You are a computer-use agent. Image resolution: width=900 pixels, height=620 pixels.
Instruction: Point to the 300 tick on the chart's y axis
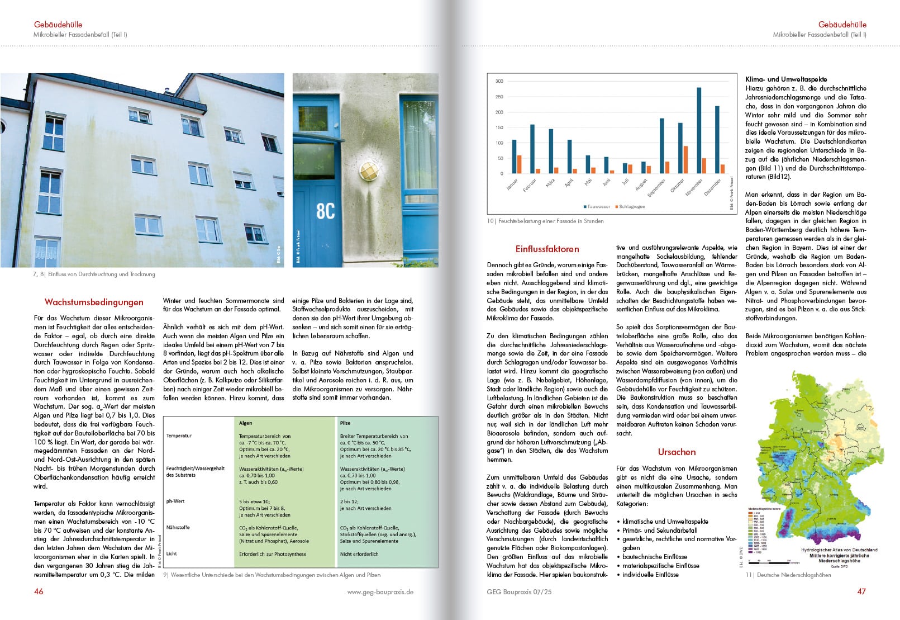click(499, 82)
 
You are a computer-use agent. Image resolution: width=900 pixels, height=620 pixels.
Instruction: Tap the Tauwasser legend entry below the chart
click(597, 207)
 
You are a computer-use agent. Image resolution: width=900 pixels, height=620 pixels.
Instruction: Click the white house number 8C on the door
click(326, 211)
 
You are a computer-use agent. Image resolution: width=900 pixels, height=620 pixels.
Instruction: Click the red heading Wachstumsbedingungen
click(94, 302)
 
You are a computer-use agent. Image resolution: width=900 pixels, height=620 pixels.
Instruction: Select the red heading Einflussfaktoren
click(547, 249)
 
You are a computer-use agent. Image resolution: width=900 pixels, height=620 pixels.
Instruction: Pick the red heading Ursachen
click(677, 452)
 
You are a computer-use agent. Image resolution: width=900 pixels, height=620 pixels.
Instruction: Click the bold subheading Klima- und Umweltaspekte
click(786, 79)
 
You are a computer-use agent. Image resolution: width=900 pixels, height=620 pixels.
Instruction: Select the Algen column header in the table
click(246, 423)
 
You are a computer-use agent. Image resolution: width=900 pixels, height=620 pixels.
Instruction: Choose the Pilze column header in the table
click(345, 423)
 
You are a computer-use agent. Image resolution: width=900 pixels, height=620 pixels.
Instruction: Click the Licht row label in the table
click(172, 553)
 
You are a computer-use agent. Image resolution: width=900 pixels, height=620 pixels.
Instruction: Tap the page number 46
click(39, 591)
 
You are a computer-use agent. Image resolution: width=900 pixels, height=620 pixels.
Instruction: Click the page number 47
click(861, 591)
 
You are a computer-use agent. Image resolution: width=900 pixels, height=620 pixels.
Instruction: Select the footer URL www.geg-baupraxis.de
click(380, 592)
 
